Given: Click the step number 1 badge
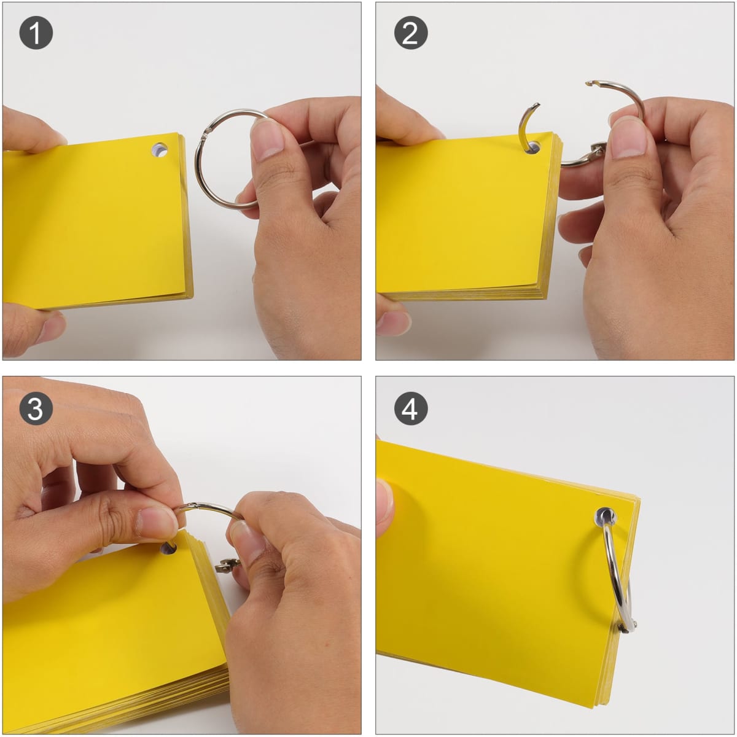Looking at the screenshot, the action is coord(36,33).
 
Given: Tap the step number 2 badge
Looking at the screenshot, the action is coord(410,33).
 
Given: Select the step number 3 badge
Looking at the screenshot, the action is coord(36,408).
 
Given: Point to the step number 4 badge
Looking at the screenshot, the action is coord(410,408).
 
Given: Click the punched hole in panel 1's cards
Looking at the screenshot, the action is coord(160,150).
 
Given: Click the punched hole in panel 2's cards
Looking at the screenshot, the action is coord(532,147).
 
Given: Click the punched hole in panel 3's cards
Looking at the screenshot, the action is coord(168,549).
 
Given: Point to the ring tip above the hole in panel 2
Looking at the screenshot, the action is coord(537,105).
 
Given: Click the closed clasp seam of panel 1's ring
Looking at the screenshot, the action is coord(206,132).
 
